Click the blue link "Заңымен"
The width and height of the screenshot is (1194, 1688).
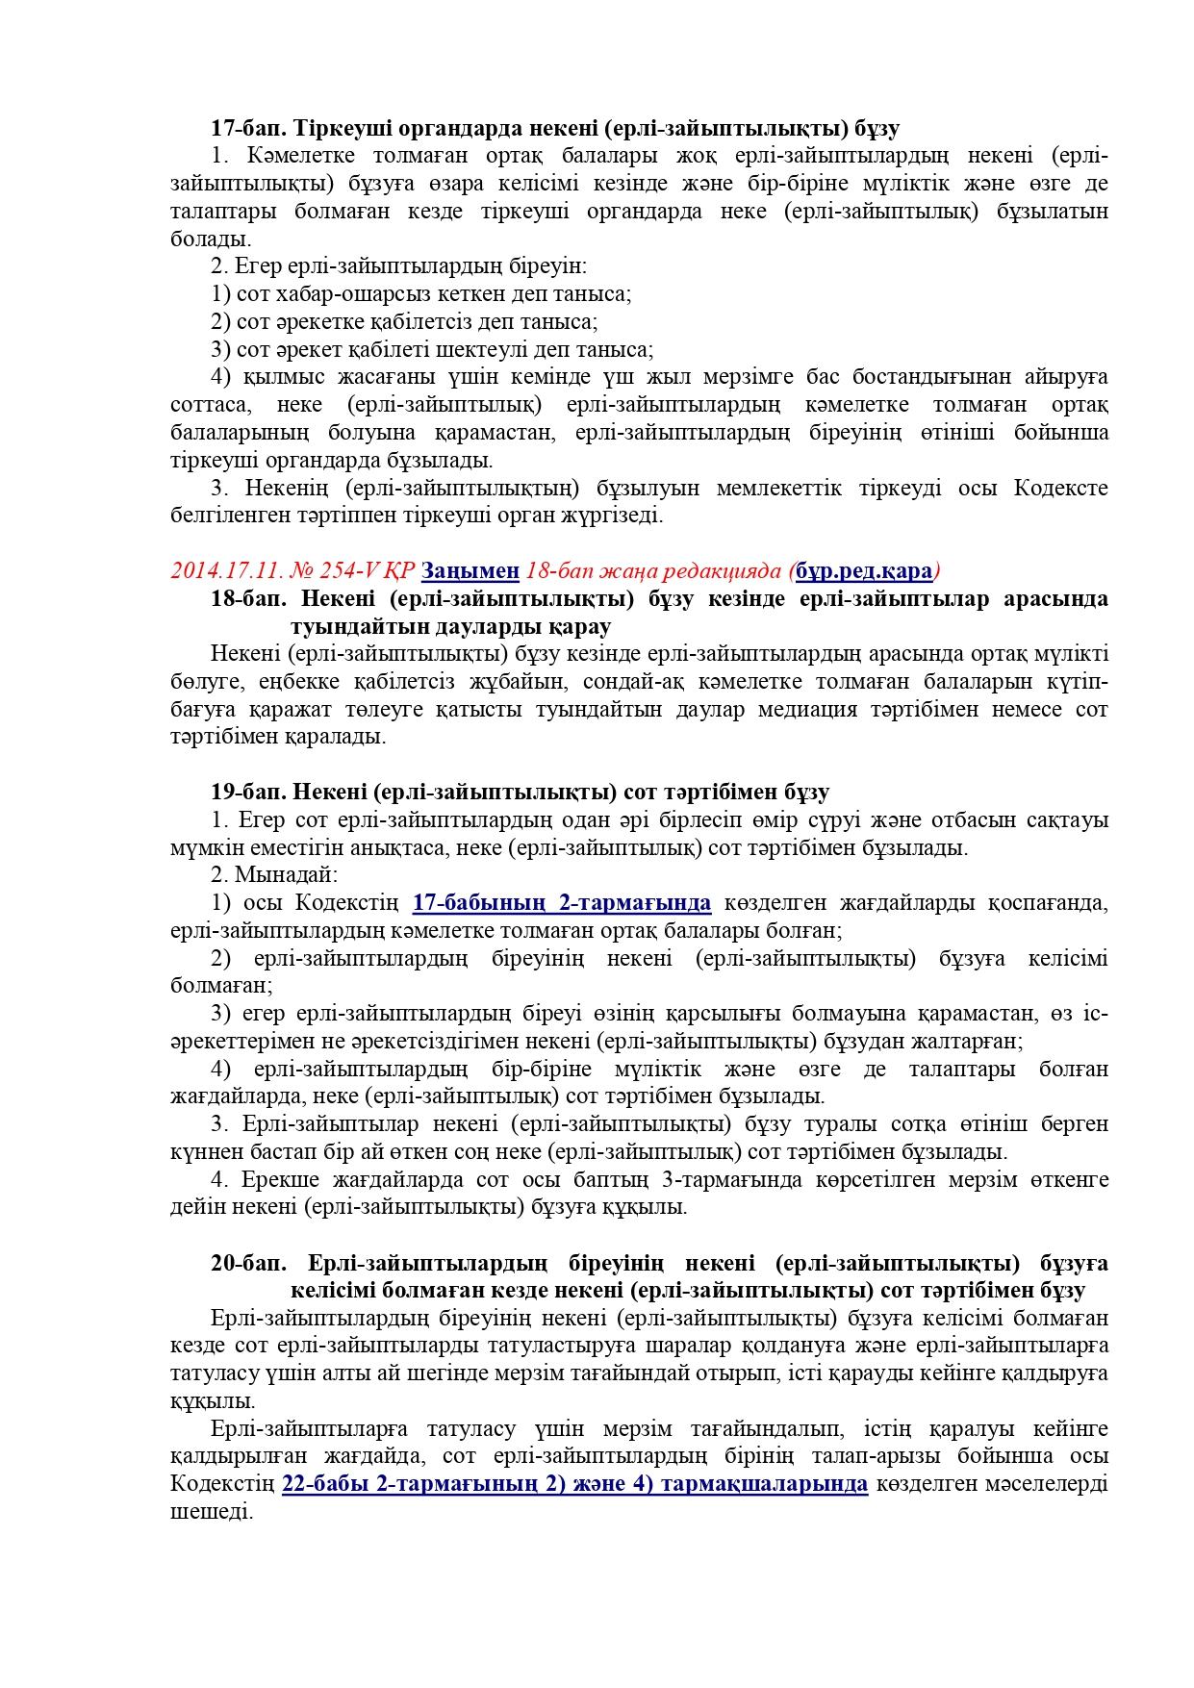tap(470, 571)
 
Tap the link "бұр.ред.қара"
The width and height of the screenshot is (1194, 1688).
tap(864, 571)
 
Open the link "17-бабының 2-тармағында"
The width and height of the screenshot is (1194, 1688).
tap(562, 903)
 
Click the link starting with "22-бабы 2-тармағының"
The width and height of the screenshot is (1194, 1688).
tap(574, 1484)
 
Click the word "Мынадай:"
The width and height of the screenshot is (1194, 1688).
tap(286, 875)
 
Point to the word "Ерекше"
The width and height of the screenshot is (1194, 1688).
tap(275, 1179)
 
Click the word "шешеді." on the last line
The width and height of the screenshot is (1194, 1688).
tap(212, 1512)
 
